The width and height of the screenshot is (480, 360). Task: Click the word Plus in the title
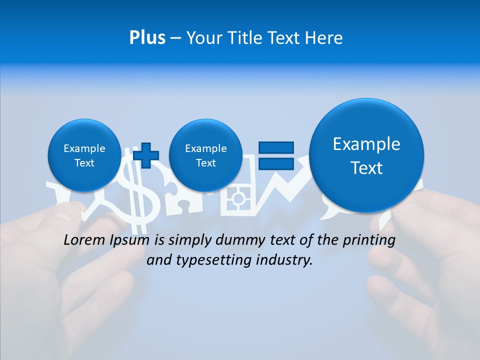(x=147, y=38)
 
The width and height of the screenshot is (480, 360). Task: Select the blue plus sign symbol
(x=146, y=155)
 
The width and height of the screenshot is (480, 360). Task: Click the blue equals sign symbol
(x=275, y=155)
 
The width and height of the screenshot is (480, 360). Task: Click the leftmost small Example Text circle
(x=84, y=155)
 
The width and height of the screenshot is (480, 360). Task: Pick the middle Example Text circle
(x=205, y=155)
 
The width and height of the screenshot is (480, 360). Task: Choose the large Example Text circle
(x=366, y=155)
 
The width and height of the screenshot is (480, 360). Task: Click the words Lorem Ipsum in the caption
(x=106, y=240)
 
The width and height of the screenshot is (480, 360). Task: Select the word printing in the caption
(x=368, y=240)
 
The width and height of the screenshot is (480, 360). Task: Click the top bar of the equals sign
(x=275, y=147)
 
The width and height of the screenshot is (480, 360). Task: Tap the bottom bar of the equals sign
(x=275, y=163)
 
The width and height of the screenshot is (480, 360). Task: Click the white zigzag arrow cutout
(x=285, y=192)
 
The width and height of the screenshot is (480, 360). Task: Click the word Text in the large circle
(x=366, y=168)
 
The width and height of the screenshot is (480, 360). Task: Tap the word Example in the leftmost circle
(x=84, y=148)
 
